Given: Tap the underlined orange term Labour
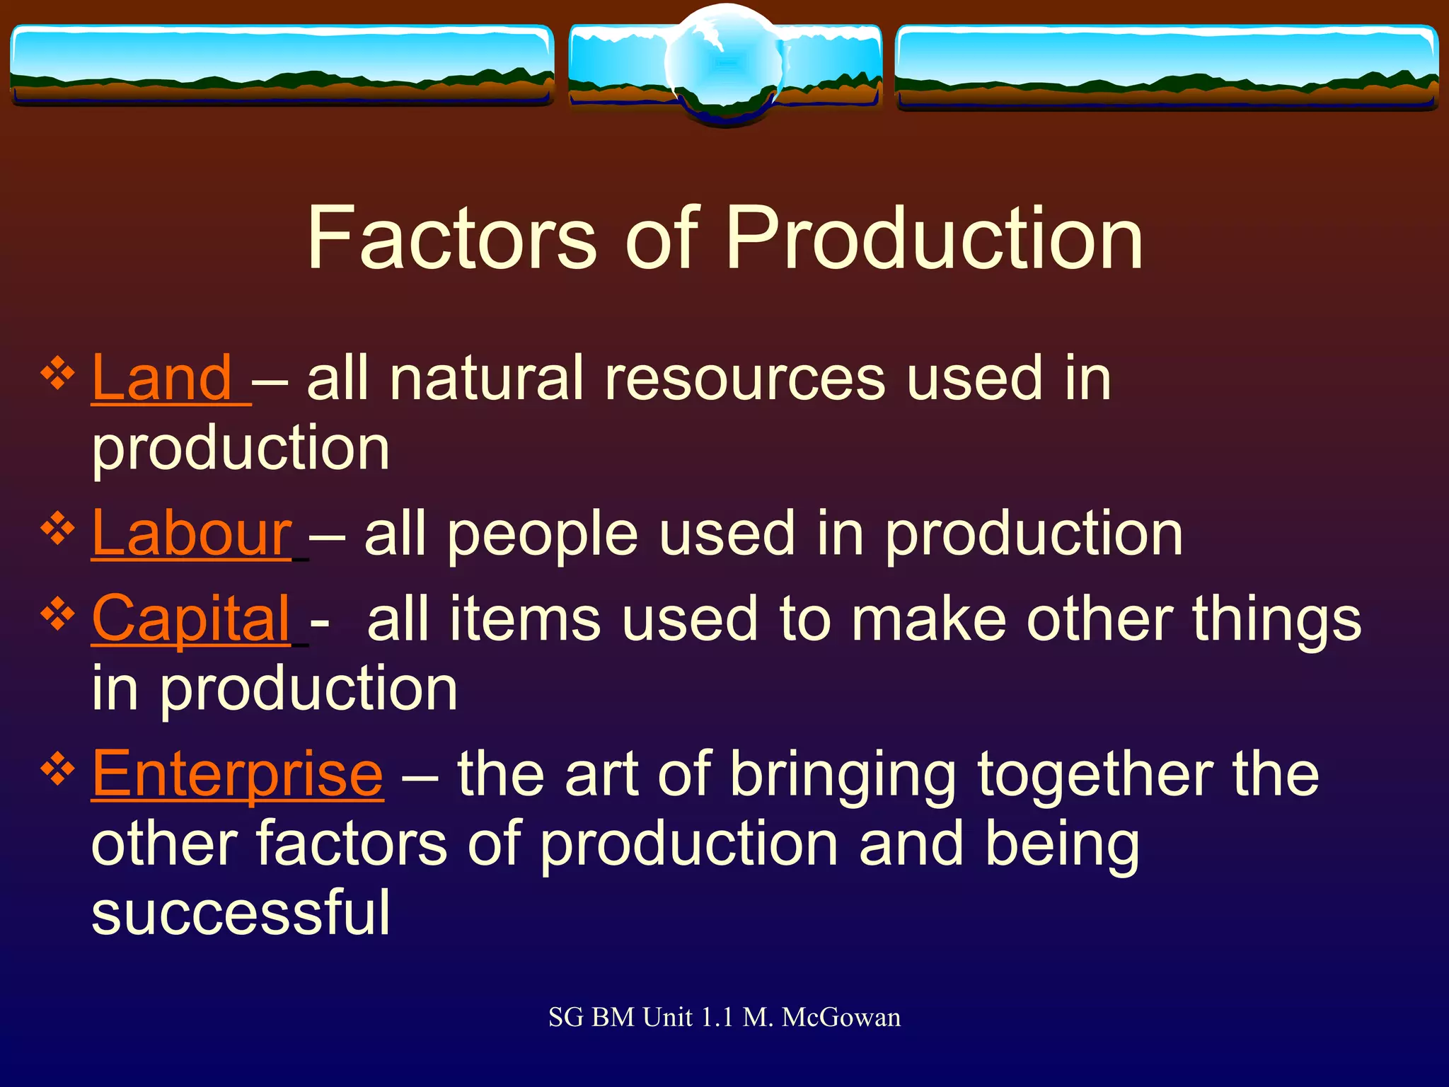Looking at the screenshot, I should [x=191, y=534].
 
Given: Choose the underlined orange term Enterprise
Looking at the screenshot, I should [x=238, y=774].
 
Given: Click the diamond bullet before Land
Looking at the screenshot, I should [x=58, y=374].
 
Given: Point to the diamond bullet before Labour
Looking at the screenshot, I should [x=58, y=529].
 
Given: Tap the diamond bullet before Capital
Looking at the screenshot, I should [x=58, y=614].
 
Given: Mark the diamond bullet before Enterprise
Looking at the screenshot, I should [x=58, y=769].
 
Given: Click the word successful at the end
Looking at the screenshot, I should [x=241, y=913].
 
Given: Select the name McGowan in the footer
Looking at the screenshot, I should [x=841, y=1018].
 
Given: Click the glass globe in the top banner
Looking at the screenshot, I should [x=724, y=64].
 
